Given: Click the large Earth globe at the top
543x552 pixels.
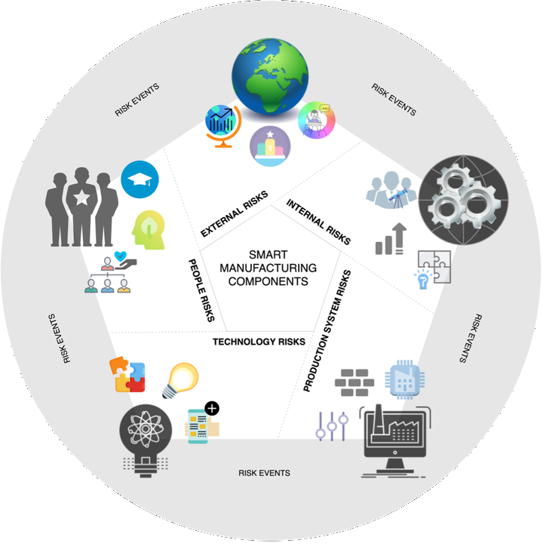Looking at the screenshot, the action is coord(270,76).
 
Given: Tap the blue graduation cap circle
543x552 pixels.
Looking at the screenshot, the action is coord(140,179).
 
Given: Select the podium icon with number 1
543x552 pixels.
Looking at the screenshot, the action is coord(270,146).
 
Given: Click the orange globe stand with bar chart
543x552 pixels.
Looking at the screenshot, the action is coord(223,126).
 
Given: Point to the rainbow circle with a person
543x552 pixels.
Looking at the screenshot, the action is coord(316,120).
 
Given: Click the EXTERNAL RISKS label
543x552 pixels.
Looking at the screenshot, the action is coord(235,214).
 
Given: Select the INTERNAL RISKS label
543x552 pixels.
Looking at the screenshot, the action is coord(318,222).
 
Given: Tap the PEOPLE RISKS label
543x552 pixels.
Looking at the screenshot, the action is coord(201,290).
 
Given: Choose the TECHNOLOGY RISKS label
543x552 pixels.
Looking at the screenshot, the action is coord(259,342).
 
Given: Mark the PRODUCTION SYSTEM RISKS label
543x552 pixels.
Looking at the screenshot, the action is coord(327,331).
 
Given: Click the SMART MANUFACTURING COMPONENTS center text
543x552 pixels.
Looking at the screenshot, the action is coord(268,268).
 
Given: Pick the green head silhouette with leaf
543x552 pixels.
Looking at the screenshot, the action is coord(149,230).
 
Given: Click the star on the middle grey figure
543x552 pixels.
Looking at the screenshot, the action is coord(81,198).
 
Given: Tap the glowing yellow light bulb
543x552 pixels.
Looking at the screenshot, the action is coord(180,381).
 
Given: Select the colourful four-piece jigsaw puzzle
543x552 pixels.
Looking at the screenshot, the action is coord(127,374).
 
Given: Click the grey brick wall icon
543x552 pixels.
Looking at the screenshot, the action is coord(354,382).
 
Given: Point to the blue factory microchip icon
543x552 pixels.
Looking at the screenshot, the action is coord(404,379).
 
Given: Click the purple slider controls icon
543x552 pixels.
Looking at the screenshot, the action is coord(332,426).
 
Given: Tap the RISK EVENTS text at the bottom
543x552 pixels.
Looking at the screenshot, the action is coord(264,473).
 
